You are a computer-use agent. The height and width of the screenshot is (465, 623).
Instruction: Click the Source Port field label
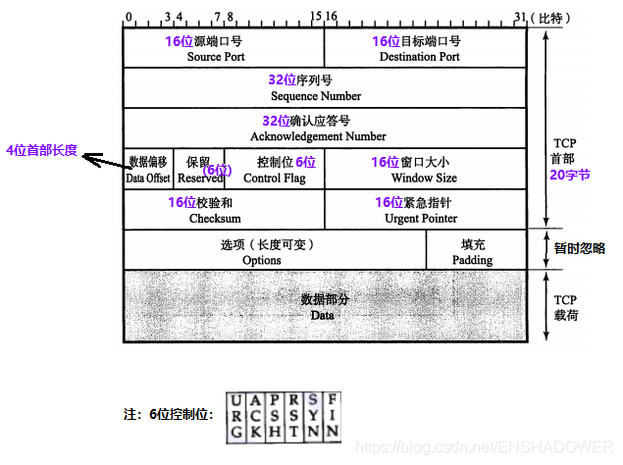(216, 57)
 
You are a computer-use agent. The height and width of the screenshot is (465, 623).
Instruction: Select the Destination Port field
(419, 57)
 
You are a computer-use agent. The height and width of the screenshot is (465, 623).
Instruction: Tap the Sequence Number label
(316, 96)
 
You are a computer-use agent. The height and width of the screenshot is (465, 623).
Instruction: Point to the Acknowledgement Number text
(316, 136)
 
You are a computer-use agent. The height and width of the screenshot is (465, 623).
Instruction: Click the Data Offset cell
(148, 179)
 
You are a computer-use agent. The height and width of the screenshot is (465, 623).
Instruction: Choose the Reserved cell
(200, 179)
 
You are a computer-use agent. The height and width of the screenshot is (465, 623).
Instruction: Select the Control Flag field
(274, 179)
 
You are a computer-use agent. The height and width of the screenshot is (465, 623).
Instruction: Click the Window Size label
(423, 179)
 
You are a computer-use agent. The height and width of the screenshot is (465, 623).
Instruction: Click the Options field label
(261, 260)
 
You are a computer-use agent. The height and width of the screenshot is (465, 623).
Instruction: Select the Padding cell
(472, 260)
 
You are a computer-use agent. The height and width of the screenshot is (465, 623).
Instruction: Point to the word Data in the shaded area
(323, 315)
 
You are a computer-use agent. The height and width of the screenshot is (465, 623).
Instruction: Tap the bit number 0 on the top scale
(128, 18)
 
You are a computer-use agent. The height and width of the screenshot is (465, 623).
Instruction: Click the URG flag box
(236, 416)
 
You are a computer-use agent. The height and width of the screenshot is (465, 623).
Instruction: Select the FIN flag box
(333, 416)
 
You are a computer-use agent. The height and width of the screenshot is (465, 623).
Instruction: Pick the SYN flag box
(313, 416)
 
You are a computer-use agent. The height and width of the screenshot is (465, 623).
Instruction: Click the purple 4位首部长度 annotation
(41, 151)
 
